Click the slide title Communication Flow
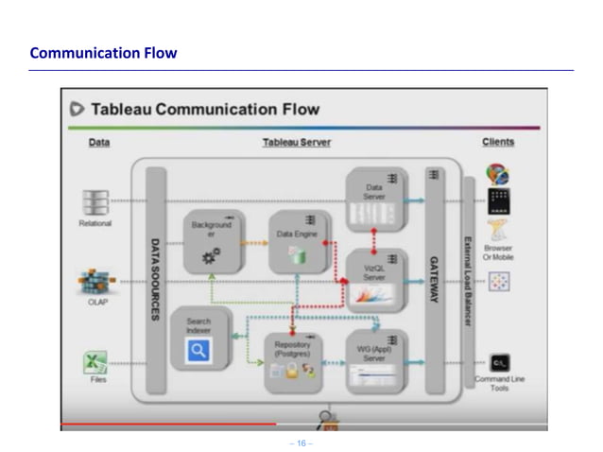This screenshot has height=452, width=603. coord(103,53)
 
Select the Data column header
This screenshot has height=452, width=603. coord(98,143)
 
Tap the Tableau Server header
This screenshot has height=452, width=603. coord(296,143)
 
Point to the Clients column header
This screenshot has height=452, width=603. coord(498,143)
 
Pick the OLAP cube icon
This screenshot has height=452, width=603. coord(95,282)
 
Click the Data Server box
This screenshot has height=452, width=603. coord(375,199)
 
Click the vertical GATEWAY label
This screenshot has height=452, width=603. coord(435,279)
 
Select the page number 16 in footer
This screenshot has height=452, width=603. coord(301,443)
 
